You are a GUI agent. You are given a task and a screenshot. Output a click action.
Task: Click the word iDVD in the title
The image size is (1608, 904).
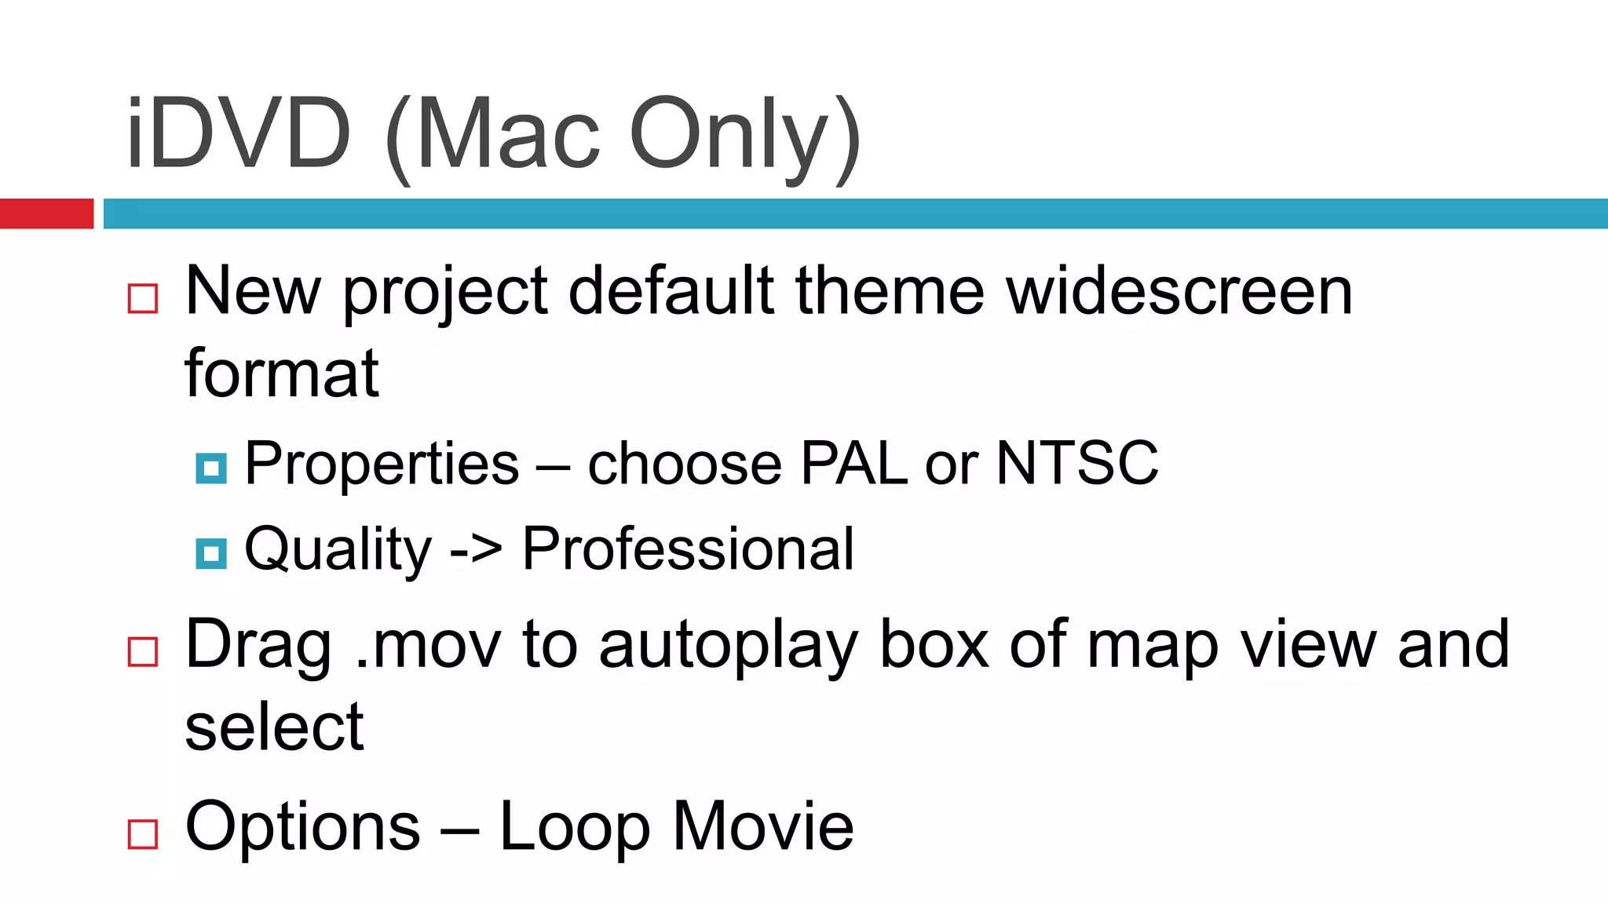point(238,133)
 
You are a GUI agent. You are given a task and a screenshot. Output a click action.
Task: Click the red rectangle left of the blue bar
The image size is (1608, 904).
point(46,213)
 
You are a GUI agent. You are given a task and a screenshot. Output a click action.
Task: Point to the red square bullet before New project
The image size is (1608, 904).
point(143,299)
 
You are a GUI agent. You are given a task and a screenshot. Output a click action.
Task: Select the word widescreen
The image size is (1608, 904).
point(1179,291)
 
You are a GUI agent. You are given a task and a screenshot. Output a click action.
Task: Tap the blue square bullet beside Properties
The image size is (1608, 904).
point(211,468)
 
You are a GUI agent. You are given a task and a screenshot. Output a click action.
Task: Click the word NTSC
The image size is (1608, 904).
point(1077,463)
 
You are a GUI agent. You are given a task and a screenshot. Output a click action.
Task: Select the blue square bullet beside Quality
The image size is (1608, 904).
point(211,554)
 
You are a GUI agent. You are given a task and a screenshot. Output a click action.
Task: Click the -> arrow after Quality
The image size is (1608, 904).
point(476,549)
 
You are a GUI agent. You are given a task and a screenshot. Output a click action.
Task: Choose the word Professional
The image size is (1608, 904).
point(688,549)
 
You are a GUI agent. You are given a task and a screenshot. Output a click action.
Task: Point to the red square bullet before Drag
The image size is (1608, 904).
point(143,651)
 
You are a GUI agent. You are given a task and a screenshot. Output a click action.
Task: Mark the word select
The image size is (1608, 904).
point(275,727)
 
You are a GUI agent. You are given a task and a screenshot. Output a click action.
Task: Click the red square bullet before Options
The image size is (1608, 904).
point(143,833)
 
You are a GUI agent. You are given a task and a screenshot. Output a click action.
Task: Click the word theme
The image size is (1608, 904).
point(890,291)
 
